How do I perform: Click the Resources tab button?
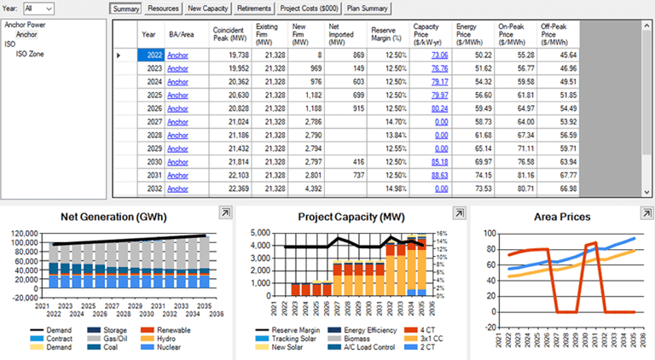tap(163, 8)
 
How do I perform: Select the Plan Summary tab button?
tap(367, 8)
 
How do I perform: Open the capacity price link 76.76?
tap(439, 68)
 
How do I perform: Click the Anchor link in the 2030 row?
tap(177, 162)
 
